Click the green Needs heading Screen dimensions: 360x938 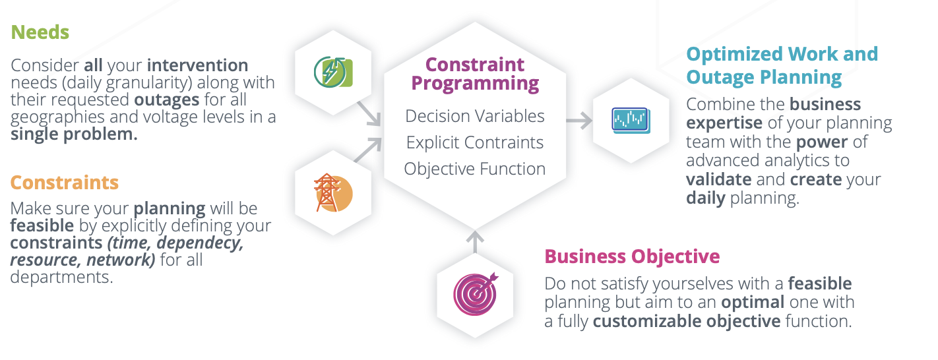[40, 32]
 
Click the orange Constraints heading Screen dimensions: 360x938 [65, 183]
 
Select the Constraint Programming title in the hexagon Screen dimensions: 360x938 [475, 74]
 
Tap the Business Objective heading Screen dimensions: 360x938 [632, 256]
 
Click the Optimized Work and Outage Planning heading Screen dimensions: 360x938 [782, 65]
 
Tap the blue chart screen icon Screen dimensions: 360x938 [631, 120]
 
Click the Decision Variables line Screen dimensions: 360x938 [475, 116]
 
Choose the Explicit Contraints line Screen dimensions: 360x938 [475, 142]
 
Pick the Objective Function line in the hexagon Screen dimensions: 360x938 [475, 169]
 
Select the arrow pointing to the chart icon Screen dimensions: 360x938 [578, 120]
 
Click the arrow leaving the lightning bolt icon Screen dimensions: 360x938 [369, 113]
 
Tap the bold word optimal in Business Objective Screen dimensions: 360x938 [752, 302]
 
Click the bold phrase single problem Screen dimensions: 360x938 [74, 135]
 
